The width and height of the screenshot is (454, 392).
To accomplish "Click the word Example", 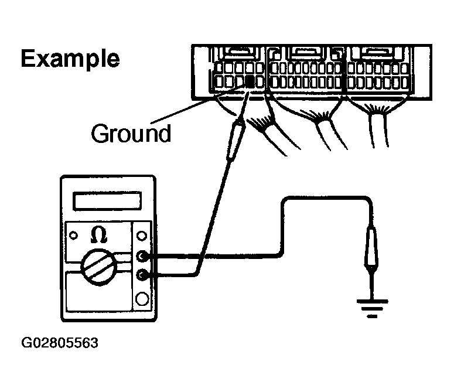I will coord(70,59).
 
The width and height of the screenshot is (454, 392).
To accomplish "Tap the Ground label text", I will coord(131,134).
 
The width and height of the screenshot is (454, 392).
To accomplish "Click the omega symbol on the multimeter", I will coord(99,235).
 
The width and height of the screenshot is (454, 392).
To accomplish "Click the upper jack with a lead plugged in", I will coord(141,256).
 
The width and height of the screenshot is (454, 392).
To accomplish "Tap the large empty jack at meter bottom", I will coord(141,300).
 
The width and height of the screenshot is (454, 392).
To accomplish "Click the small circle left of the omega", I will coord(73,236).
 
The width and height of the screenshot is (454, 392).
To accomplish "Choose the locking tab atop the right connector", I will coord(380,54).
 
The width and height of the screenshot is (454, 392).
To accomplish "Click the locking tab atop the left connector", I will coord(237,53).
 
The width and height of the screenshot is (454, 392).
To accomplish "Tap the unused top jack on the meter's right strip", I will coord(141,236).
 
